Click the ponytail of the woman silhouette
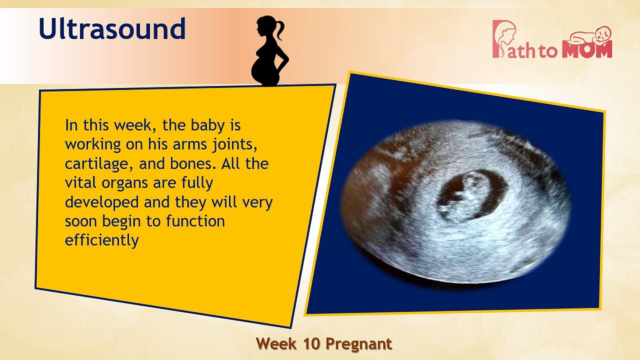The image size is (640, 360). click(279, 29)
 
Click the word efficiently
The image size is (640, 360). click(101, 240)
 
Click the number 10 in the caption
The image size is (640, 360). click(312, 344)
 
